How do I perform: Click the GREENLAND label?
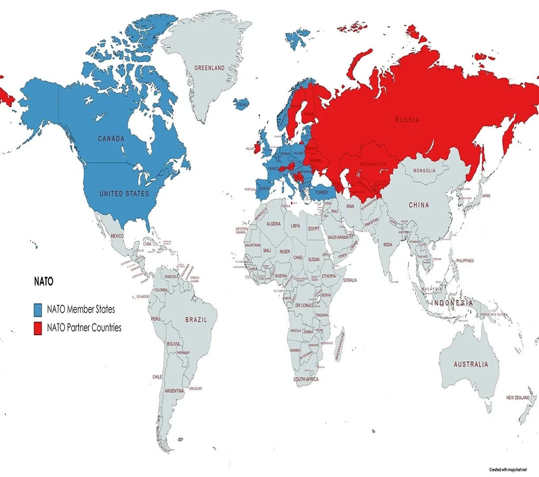pyautogui.click(x=209, y=68)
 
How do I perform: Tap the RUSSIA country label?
pyautogui.click(x=407, y=120)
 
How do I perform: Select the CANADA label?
pyautogui.click(x=111, y=139)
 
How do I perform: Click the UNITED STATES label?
pyautogui.click(x=124, y=193)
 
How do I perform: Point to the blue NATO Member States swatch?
pyautogui.click(x=38, y=310)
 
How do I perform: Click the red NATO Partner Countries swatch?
pyautogui.click(x=38, y=328)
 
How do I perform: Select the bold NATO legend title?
pyautogui.click(x=44, y=281)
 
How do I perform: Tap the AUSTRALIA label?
pyautogui.click(x=471, y=364)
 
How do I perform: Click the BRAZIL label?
pyautogui.click(x=196, y=319)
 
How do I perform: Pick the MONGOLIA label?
pyautogui.click(x=424, y=170)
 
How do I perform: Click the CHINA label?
pyautogui.click(x=418, y=205)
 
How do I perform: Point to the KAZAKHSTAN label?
pyautogui.click(x=373, y=164)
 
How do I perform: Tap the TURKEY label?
pyautogui.click(x=322, y=193)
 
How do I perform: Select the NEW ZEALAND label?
pyautogui.click(x=518, y=397)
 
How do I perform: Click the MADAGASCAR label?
pyautogui.click(x=340, y=347)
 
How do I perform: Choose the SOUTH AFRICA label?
pyautogui.click(x=306, y=379)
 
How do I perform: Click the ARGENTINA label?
pyautogui.click(x=174, y=391)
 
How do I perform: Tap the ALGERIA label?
pyautogui.click(x=273, y=224)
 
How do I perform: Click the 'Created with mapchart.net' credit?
pyautogui.click(x=508, y=469)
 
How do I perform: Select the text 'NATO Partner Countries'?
pyautogui.click(x=84, y=328)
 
